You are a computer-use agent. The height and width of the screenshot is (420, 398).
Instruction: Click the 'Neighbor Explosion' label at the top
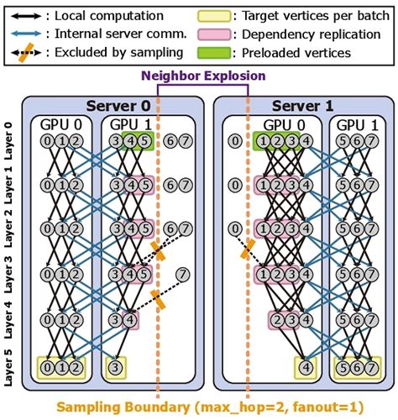(x=202, y=76)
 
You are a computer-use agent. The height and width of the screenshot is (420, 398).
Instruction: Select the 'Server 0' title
(x=112, y=105)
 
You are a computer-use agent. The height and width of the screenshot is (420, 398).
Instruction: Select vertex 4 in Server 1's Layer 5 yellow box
(x=306, y=366)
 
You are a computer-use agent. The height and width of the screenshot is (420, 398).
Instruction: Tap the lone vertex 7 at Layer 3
(x=181, y=275)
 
